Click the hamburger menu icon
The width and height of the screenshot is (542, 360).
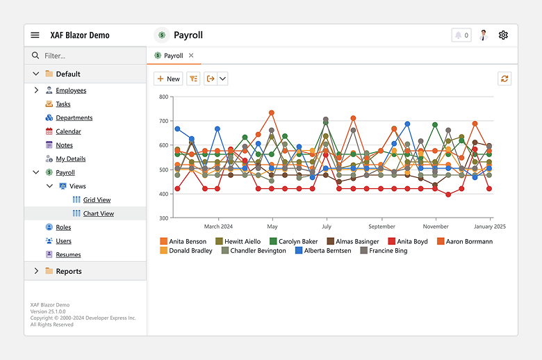(x=35, y=35)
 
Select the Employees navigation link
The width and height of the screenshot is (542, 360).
(x=71, y=90)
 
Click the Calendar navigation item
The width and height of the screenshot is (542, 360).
(x=68, y=131)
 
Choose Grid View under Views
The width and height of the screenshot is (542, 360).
(x=97, y=200)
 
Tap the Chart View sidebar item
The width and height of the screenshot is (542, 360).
(x=98, y=214)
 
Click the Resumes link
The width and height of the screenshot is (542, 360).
(x=68, y=255)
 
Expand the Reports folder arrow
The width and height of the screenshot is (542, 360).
(x=36, y=271)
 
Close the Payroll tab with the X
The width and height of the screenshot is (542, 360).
(x=191, y=56)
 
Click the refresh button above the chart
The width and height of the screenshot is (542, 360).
(x=504, y=79)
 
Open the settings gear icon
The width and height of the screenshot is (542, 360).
(x=503, y=35)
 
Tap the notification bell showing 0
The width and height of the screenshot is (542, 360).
(x=461, y=35)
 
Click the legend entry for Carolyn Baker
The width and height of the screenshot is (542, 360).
(x=293, y=241)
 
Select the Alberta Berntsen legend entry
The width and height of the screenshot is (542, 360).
(x=323, y=251)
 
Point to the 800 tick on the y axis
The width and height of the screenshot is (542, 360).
(x=163, y=97)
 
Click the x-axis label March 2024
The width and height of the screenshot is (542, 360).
(x=218, y=227)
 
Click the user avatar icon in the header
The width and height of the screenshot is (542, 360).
(x=484, y=35)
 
